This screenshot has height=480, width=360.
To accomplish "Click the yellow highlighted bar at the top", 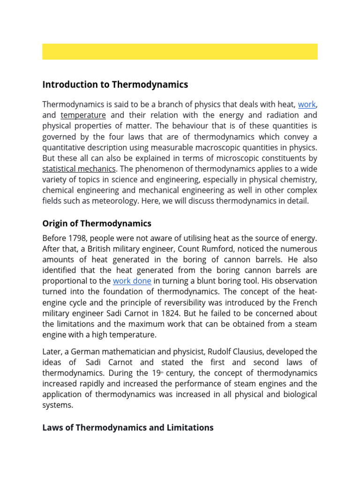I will click(180, 52).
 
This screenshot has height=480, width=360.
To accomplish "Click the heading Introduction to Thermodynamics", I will click(115, 84).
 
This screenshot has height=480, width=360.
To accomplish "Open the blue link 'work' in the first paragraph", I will click(307, 105).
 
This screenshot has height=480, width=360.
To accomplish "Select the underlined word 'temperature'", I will click(83, 115).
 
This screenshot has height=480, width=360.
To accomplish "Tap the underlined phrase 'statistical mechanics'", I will click(79, 169).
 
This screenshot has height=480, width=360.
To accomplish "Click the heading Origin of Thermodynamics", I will click(97, 223).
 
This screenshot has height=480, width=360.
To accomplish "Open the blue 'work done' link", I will click(132, 281).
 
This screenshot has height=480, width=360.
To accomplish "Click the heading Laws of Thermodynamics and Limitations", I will click(127, 427).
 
